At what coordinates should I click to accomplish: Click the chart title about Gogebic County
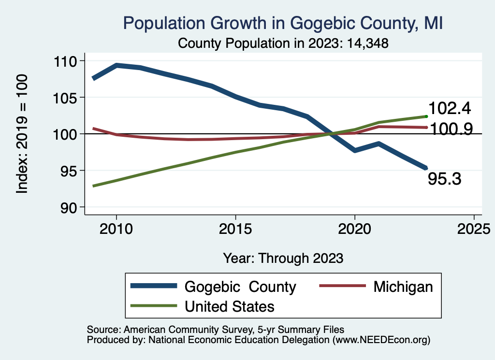[x=283, y=23]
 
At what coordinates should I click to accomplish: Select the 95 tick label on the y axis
[x=75, y=171]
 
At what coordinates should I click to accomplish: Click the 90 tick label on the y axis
[x=75, y=207]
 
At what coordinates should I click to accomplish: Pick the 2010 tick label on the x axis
[x=116, y=228]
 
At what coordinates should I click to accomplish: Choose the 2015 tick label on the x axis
[x=235, y=228]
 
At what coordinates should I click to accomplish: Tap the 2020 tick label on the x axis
[x=355, y=228]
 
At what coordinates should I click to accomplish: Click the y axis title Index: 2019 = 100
[x=22, y=134]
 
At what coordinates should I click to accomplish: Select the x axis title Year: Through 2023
[x=283, y=258]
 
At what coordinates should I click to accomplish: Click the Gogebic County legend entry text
[x=240, y=287]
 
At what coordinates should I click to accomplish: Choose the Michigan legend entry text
[x=403, y=287]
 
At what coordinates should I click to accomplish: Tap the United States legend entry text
[x=229, y=306]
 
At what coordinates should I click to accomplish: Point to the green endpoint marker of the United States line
[x=426, y=116]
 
